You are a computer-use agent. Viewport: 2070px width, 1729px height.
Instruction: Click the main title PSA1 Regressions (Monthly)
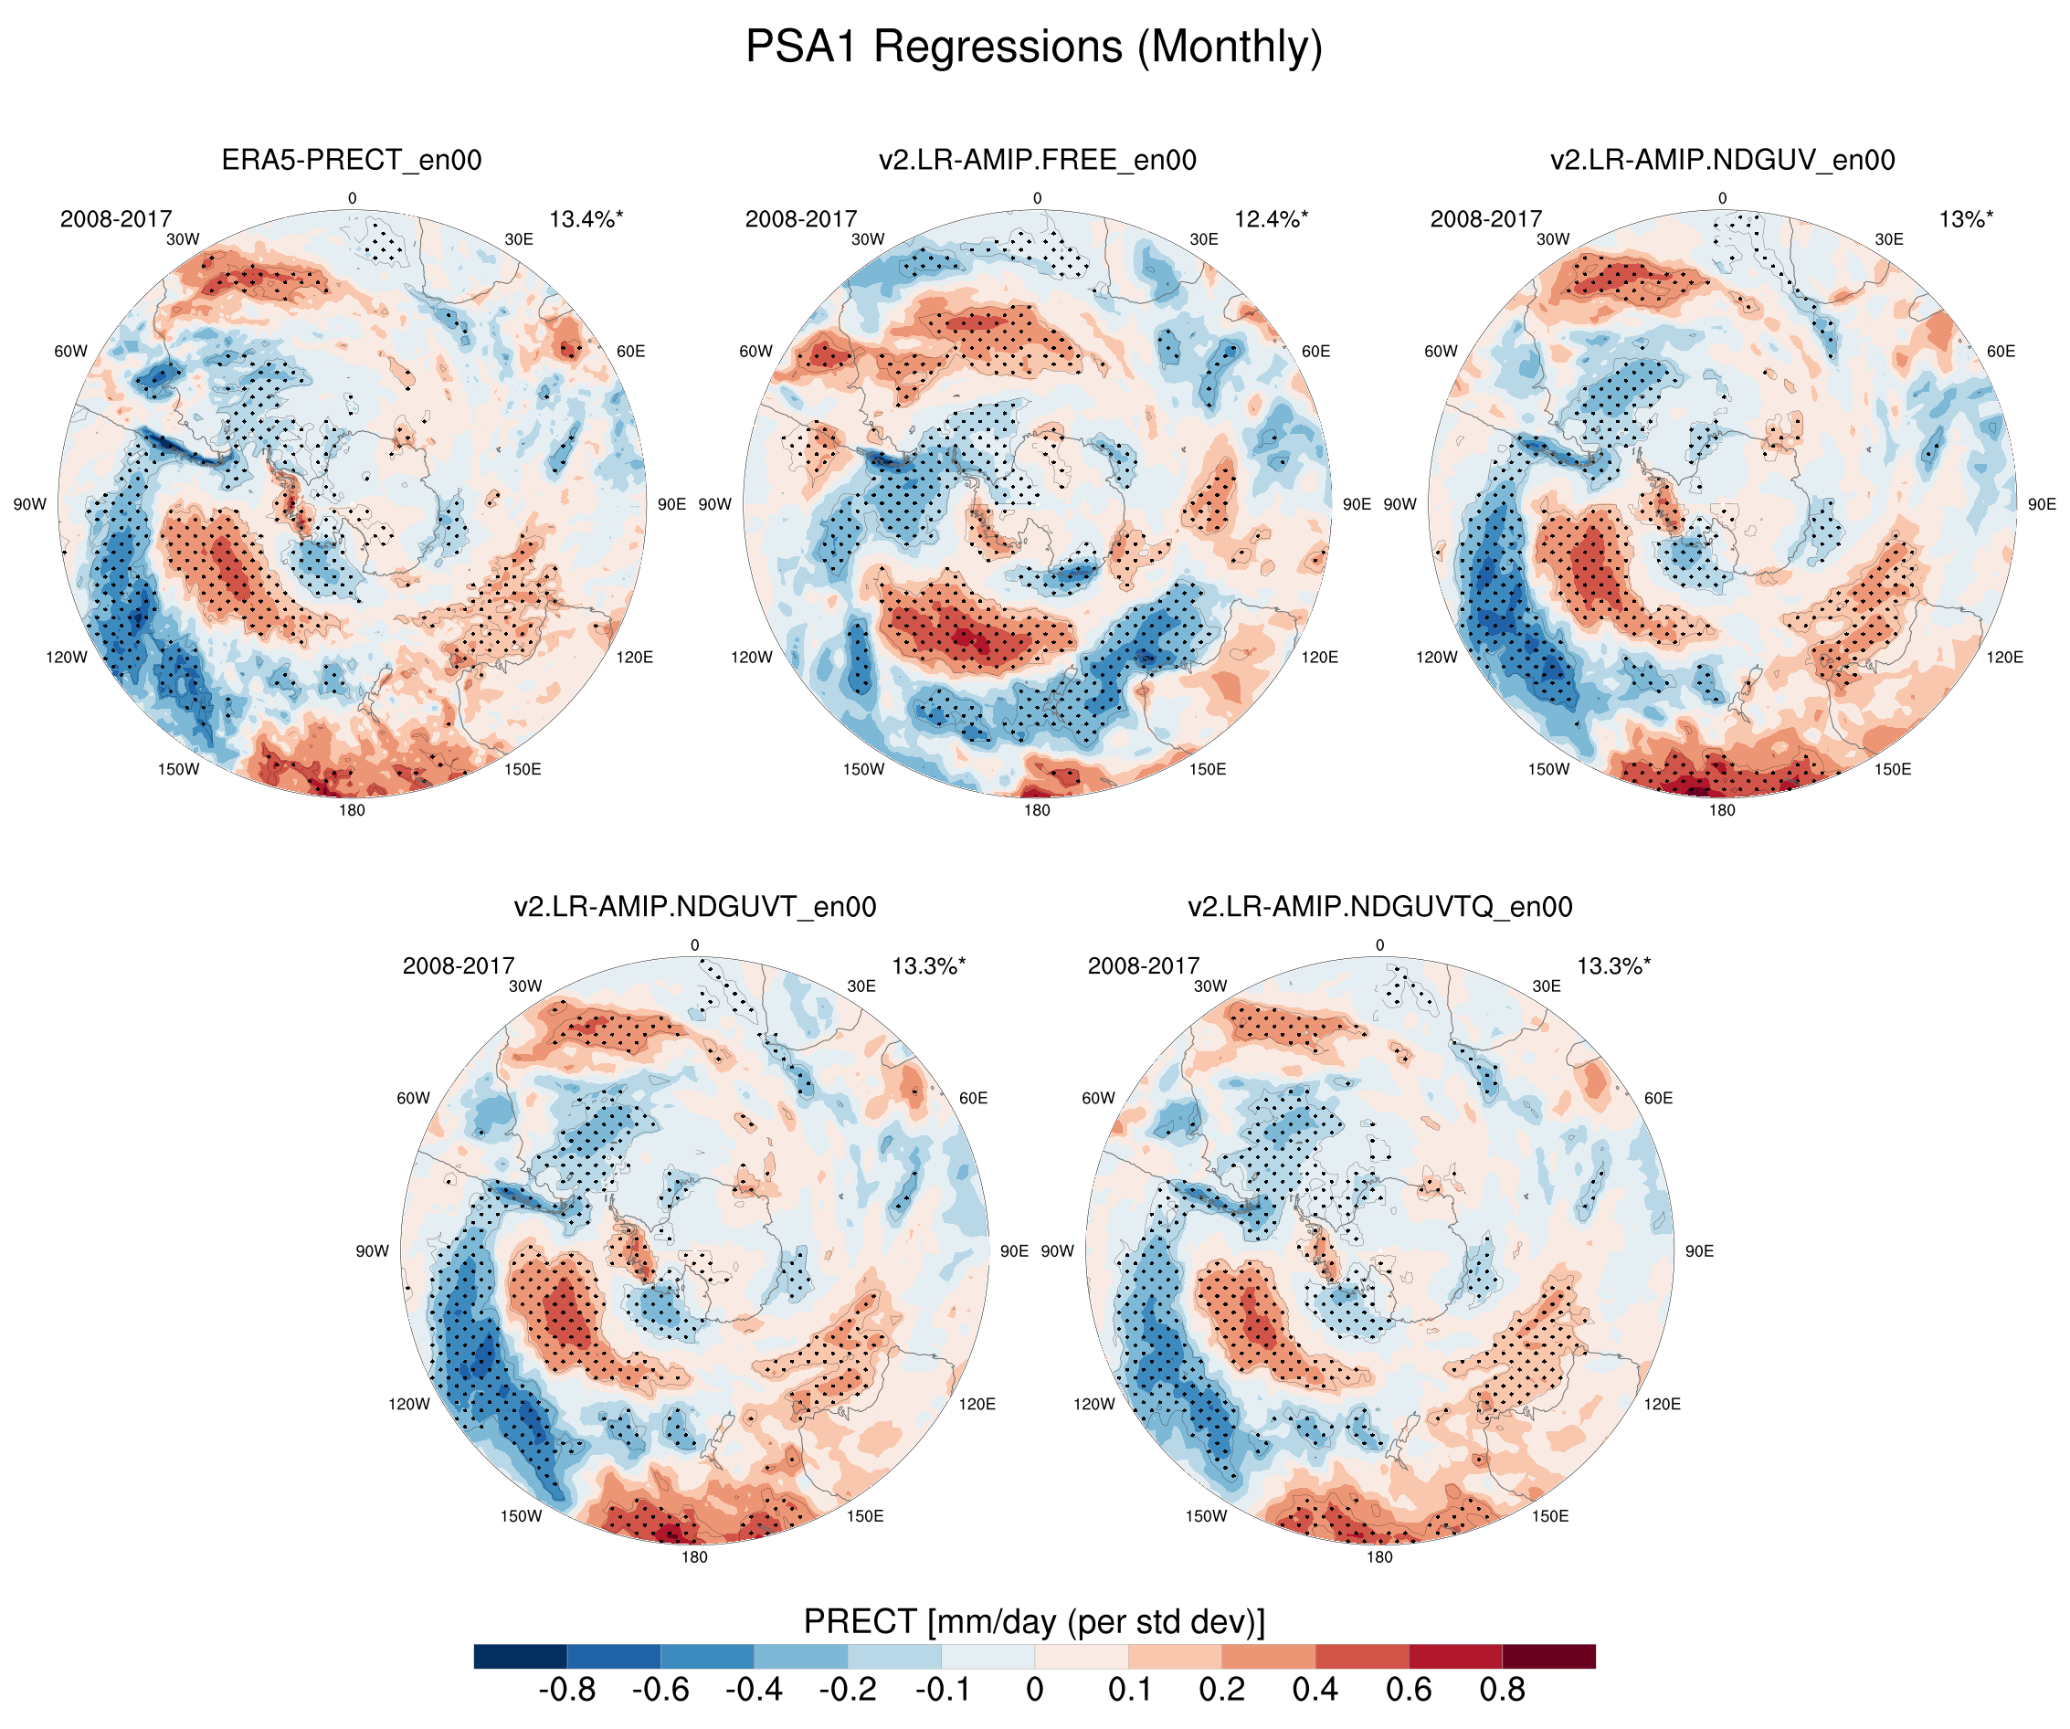(1033, 47)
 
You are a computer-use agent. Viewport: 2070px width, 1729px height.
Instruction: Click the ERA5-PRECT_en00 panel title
(351, 160)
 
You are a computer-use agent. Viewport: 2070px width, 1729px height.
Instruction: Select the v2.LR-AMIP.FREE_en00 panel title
(1037, 160)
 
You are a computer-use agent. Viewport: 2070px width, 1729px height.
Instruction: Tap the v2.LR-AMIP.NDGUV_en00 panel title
(1722, 160)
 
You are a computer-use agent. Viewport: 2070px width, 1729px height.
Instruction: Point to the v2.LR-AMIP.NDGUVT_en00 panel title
(694, 907)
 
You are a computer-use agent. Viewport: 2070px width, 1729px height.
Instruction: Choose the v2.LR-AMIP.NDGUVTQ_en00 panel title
(1379, 907)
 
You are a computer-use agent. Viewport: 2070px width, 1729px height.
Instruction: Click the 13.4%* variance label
(586, 219)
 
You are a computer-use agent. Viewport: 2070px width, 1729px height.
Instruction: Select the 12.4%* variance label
(1271, 219)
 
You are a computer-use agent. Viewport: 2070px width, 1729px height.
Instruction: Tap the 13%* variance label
(1965, 219)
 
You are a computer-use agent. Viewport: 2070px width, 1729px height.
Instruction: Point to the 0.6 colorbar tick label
(1409, 1690)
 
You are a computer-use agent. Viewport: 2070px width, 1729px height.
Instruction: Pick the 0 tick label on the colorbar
(1034, 1690)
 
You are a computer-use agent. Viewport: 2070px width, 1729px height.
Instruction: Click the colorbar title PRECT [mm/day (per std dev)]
(1034, 1621)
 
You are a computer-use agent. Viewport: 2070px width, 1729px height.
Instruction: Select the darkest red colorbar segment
(1548, 1656)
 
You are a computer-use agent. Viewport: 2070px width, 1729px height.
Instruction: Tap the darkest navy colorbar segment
(521, 1656)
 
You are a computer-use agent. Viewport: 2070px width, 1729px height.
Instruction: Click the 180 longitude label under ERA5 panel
(352, 810)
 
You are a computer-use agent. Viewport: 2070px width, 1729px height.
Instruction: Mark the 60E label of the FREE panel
(1316, 351)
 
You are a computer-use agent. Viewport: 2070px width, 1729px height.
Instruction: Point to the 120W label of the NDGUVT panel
(409, 1404)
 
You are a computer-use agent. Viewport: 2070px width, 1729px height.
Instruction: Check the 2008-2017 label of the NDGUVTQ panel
(1144, 966)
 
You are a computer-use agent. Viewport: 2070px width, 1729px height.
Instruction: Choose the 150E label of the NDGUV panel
(1893, 769)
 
